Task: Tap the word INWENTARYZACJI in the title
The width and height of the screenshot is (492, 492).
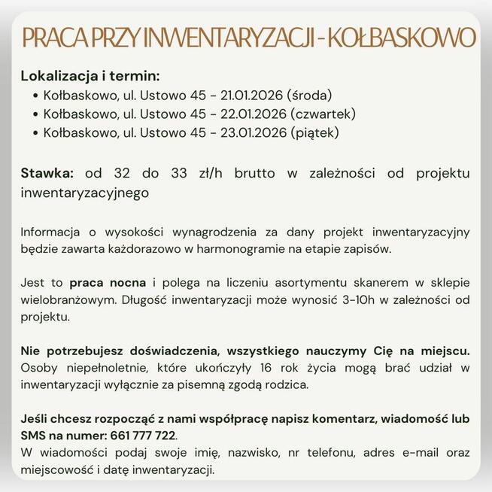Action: click(x=223, y=38)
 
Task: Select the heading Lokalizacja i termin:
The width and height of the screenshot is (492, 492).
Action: click(x=90, y=77)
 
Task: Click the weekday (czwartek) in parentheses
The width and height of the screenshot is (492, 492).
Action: click(x=323, y=115)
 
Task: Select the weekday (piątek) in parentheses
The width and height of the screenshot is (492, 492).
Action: click(x=314, y=133)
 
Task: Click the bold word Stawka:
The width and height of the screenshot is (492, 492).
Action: click(x=47, y=174)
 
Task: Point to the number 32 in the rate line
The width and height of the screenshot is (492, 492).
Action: click(x=125, y=174)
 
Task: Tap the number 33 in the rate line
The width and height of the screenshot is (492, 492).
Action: click(x=179, y=174)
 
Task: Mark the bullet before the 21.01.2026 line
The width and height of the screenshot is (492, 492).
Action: click(x=37, y=96)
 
